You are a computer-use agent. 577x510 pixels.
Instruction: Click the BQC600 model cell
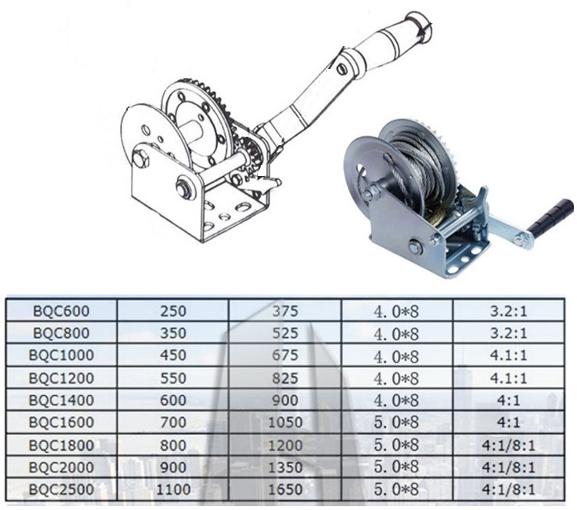coord(61,311)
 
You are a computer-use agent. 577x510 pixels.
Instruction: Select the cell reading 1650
coord(285,489)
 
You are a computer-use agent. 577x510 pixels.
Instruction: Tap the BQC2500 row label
coord(61,489)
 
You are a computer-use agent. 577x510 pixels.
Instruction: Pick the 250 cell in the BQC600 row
coord(173,311)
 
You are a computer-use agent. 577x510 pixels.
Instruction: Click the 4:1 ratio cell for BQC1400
coord(509,399)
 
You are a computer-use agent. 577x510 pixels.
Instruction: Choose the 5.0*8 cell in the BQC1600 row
coord(396,422)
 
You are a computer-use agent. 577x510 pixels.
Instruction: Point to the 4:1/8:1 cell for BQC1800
coord(509,445)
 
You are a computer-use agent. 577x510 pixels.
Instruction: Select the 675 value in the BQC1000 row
coord(285,356)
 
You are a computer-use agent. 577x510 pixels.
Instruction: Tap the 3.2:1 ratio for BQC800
coord(509,333)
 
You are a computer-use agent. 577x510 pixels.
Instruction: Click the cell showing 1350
coord(285,467)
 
